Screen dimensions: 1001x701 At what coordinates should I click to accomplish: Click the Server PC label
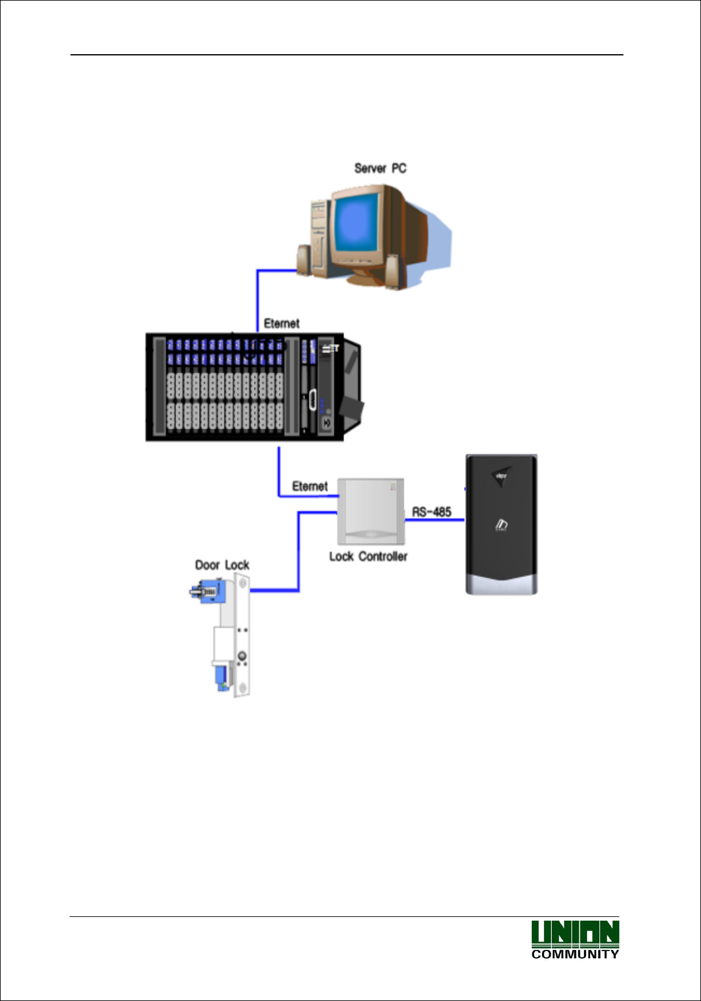point(380,169)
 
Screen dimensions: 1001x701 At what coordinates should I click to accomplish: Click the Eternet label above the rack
point(281,323)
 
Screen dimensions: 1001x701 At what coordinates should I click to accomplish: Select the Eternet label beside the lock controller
point(309,486)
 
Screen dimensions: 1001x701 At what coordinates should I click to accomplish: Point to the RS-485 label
point(432,511)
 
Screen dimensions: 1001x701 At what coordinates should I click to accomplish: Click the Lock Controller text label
point(368,557)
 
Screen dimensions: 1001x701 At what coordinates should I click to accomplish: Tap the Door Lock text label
point(222,565)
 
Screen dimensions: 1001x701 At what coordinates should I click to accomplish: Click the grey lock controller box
point(371,510)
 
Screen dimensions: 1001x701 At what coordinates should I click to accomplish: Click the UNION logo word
point(575,933)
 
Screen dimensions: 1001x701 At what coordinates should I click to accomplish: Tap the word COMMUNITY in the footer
point(575,955)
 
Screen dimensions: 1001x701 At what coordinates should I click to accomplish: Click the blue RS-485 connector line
point(434,520)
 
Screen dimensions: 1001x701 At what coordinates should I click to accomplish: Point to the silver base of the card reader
point(501,585)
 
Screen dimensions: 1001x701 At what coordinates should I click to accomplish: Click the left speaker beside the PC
point(304,260)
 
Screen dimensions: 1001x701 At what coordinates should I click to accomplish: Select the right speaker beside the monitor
point(393,271)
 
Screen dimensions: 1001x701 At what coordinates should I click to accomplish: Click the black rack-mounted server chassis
point(244,387)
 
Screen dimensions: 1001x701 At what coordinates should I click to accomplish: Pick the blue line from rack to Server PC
point(258,298)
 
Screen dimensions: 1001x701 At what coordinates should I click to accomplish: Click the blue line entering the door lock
point(274,590)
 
